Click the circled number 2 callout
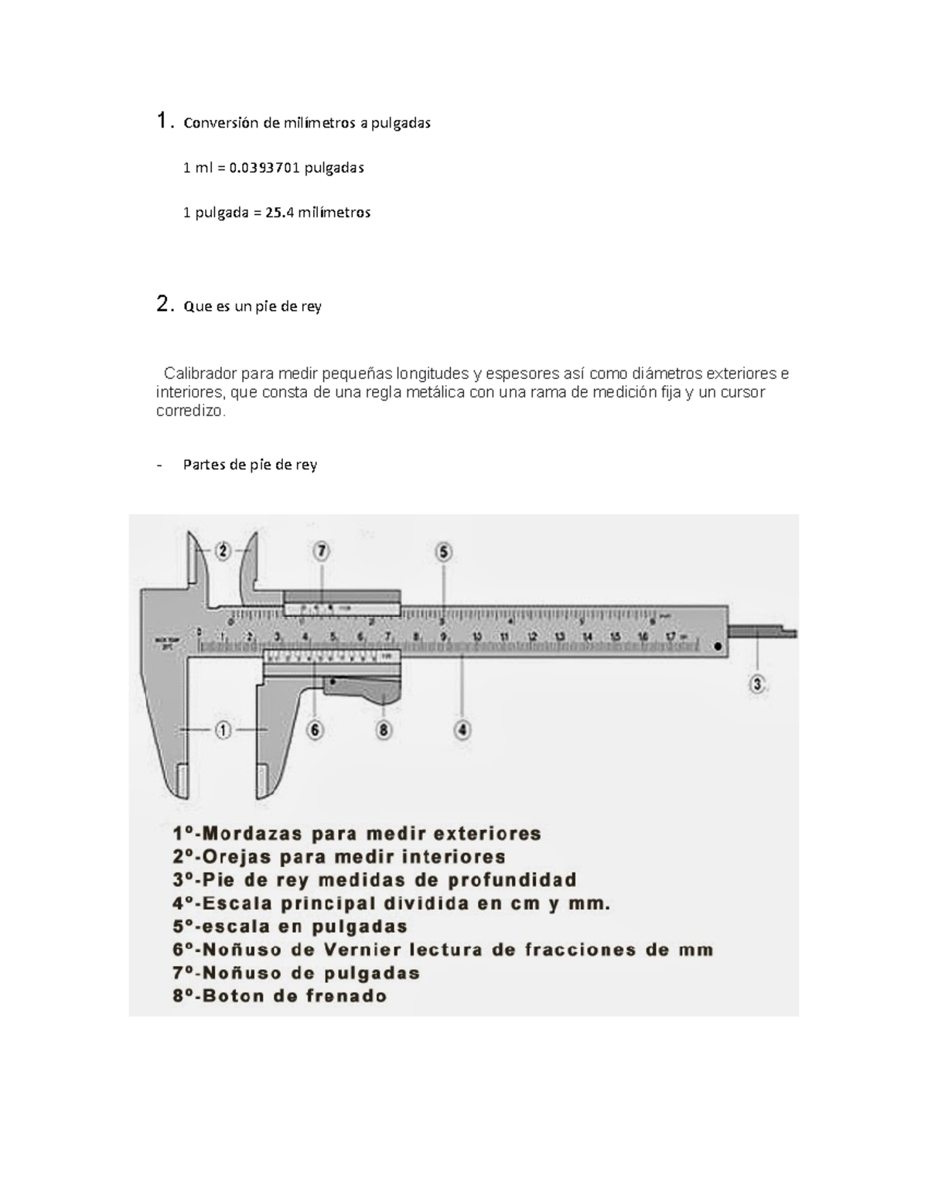pos(223,551)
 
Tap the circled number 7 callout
pos(321,551)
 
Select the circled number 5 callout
pos(444,552)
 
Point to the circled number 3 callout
pos(757,684)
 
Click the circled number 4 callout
pos(462,729)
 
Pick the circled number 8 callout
pos(384,729)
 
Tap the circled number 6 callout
pos(315,729)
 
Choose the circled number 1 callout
pos(223,729)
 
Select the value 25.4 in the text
pos(280,213)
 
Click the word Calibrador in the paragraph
pos(200,374)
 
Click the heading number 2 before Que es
pos(162,305)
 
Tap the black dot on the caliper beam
pos(718,646)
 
